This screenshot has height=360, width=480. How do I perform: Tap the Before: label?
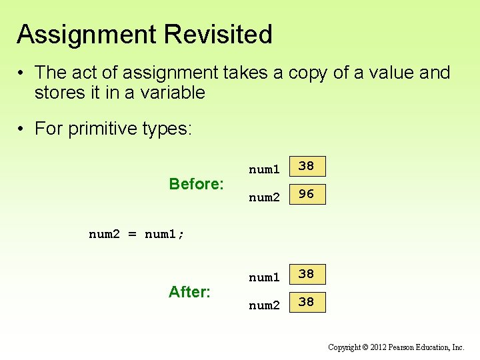(x=196, y=184)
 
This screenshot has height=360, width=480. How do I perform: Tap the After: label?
(x=190, y=292)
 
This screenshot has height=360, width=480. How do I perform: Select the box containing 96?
(x=307, y=194)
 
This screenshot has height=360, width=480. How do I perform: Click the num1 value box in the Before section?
(x=307, y=166)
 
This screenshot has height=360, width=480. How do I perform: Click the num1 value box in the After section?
(x=307, y=274)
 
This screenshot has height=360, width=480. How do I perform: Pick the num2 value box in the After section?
(x=307, y=302)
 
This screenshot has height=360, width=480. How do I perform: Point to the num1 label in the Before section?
(x=264, y=169)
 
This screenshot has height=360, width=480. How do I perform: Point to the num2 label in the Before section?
(x=264, y=197)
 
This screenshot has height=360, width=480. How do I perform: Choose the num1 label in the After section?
(x=264, y=277)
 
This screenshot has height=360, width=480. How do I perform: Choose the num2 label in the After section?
(x=264, y=305)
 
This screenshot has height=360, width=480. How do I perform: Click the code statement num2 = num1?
(x=137, y=235)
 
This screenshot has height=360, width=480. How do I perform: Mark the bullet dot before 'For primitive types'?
(x=22, y=129)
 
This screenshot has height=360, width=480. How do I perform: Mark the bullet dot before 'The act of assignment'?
(x=22, y=73)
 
